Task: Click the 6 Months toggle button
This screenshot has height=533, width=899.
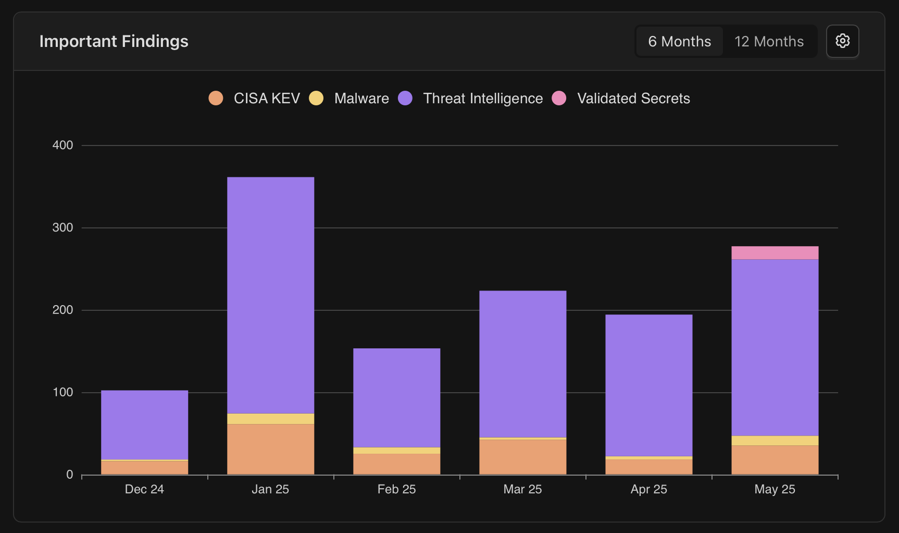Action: [679, 41]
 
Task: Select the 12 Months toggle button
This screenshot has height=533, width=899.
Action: [769, 41]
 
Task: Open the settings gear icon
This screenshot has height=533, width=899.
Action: [842, 41]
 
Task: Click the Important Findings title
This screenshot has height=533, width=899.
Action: [114, 41]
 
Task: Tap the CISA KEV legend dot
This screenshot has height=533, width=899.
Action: [216, 98]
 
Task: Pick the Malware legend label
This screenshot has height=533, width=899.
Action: [361, 98]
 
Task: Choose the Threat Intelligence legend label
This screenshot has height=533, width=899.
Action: [483, 98]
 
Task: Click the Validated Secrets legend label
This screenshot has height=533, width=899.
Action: [633, 98]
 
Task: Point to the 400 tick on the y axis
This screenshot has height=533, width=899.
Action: [63, 145]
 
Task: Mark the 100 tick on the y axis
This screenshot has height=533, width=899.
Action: [63, 392]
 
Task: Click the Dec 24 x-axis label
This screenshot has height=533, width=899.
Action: [144, 489]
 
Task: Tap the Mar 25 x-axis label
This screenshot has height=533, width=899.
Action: [522, 489]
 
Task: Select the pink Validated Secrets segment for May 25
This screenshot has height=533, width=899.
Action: [775, 253]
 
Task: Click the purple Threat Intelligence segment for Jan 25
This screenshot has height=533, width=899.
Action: [270, 295]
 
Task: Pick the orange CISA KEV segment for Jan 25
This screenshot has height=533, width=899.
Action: [270, 449]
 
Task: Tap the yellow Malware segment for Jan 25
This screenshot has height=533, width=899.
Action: [270, 419]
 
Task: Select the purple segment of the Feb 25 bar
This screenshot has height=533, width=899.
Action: [396, 397]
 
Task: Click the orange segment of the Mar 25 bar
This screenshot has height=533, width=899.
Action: [522, 457]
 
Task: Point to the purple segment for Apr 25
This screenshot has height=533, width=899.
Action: [648, 385]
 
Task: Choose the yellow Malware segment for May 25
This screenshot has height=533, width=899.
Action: [775, 441]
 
